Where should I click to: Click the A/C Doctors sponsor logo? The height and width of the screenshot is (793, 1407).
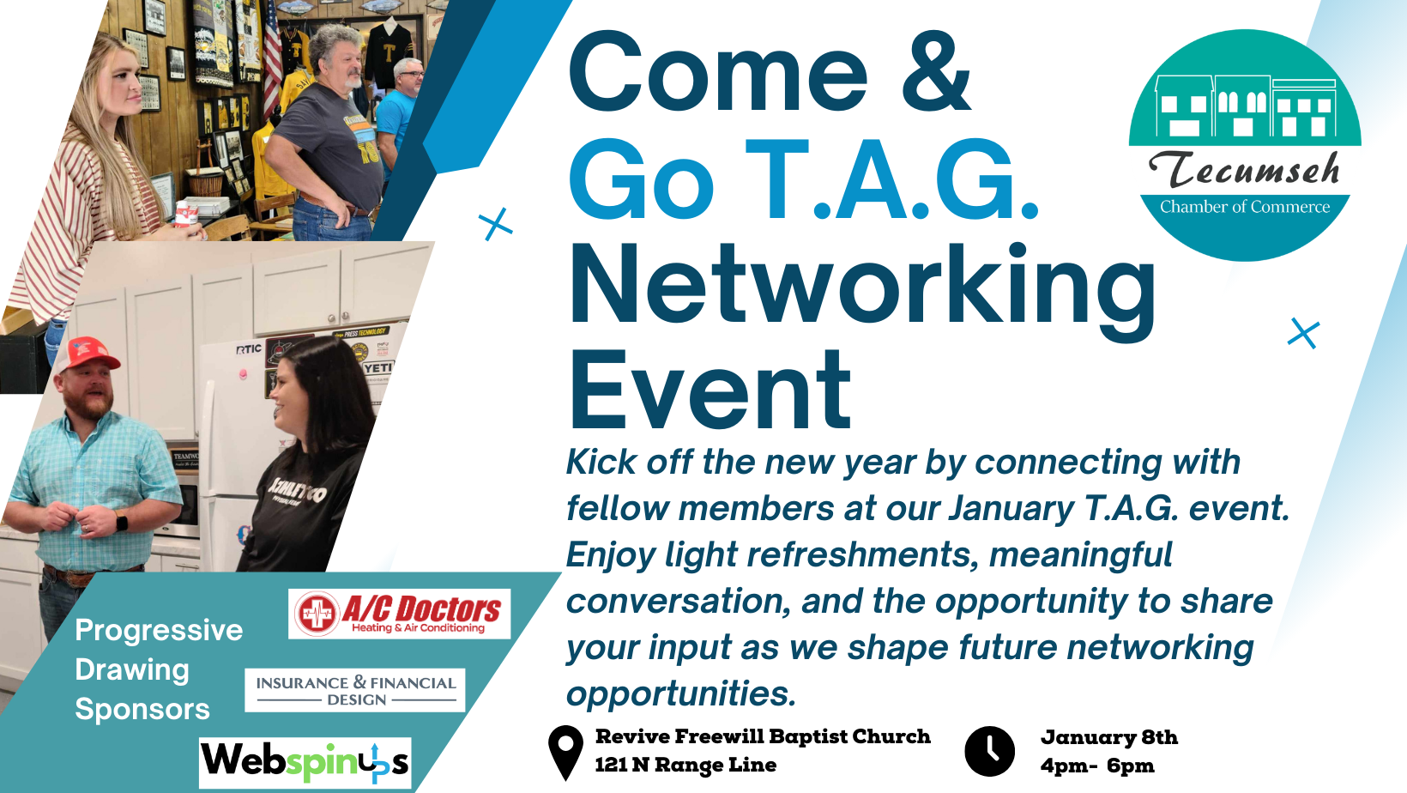[x=400, y=614]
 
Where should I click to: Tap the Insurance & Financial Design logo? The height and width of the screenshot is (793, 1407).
[x=355, y=690]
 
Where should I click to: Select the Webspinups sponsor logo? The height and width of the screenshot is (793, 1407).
[x=305, y=763]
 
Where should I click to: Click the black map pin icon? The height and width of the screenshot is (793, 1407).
[x=565, y=753]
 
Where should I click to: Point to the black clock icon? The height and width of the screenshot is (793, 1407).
[x=989, y=752]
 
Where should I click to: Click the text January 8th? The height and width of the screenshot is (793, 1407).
[x=1109, y=737]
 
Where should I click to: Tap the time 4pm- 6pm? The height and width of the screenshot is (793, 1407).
[x=1097, y=766]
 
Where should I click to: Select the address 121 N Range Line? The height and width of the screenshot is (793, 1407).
[x=686, y=765]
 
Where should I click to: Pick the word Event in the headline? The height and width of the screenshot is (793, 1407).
[x=710, y=390]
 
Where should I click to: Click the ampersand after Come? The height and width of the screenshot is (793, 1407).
[x=937, y=72]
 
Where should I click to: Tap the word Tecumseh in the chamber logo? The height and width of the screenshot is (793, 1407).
[x=1244, y=169]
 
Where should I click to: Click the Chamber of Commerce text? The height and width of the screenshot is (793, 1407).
[x=1245, y=207]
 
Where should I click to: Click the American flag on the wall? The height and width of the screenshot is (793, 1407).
[x=273, y=60]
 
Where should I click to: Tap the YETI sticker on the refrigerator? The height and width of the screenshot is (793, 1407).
[x=377, y=367]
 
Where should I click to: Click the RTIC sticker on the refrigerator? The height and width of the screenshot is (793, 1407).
[x=249, y=348]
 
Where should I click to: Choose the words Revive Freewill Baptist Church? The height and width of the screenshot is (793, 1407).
[x=764, y=736]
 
